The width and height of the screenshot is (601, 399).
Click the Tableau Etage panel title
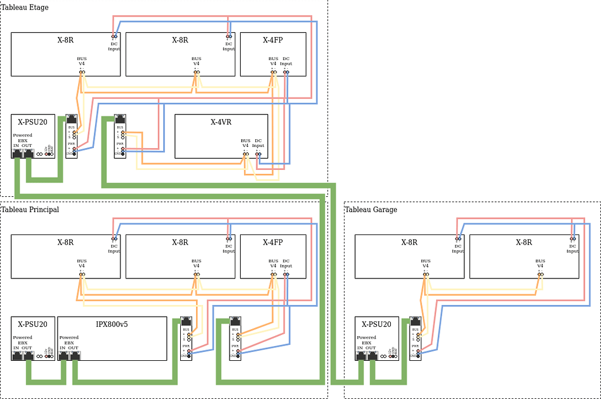click(25, 8)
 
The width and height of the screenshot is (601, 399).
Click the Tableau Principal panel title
click(30, 210)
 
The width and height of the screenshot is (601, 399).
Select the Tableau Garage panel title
click(371, 210)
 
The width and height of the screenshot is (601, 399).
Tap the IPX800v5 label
click(112, 324)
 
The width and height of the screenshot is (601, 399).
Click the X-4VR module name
click(221, 122)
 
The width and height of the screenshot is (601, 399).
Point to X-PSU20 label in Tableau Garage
click(377, 324)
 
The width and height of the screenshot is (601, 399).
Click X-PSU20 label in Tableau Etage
click(33, 122)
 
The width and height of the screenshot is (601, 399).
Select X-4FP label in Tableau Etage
click(273, 41)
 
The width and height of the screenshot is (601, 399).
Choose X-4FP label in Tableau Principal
click(273, 243)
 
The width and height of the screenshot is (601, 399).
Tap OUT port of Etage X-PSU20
click(28, 154)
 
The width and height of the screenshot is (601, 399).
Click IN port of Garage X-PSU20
click(361, 356)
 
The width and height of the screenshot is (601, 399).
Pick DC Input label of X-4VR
click(258, 143)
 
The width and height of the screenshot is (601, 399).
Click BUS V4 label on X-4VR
click(245, 143)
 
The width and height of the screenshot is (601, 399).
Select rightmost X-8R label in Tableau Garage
click(524, 243)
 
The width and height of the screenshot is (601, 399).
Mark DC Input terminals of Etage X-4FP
click(286, 72)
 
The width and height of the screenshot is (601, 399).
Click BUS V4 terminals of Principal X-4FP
click(273, 274)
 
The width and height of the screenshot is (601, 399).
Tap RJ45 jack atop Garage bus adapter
click(415, 321)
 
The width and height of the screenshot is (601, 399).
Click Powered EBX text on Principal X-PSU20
click(22, 340)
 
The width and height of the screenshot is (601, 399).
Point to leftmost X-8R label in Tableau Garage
click(409, 243)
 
